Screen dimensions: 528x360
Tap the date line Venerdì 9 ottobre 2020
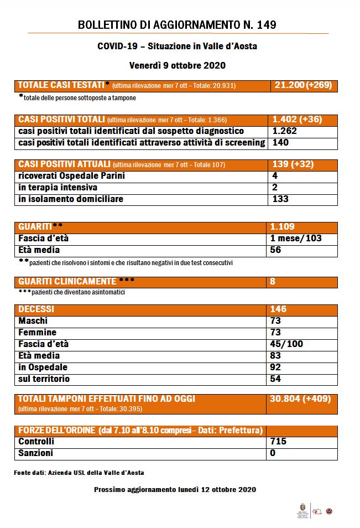coord(178,65)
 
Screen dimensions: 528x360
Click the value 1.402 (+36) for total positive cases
coord(297,120)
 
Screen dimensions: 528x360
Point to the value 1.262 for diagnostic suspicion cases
coord(285,131)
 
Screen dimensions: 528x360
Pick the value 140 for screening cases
coord(281,143)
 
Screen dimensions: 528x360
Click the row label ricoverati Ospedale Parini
coord(71,176)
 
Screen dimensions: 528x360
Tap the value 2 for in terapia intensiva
coord(275,188)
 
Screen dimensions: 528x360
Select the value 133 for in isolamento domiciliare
coord(281,199)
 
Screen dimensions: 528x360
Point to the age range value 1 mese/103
coord(296,239)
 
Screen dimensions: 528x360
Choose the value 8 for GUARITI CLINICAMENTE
coord(273,282)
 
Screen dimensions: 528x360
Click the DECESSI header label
coord(36,309)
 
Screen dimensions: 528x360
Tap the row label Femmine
coord(37,333)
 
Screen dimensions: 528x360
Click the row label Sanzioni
coord(35,453)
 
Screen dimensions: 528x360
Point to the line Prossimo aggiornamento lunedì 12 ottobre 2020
coord(175,490)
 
